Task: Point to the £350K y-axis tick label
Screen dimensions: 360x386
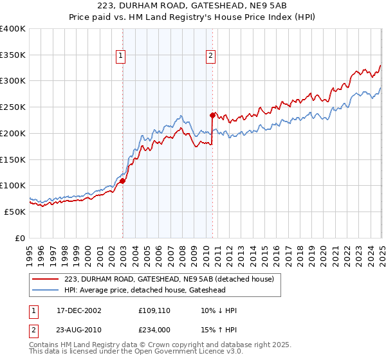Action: (12, 55)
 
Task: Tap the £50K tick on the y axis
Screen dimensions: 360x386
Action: (14, 212)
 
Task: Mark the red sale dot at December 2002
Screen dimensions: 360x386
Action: (122, 181)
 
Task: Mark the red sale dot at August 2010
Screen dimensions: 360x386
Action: (212, 116)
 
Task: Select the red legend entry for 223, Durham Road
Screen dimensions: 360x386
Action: (169, 279)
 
